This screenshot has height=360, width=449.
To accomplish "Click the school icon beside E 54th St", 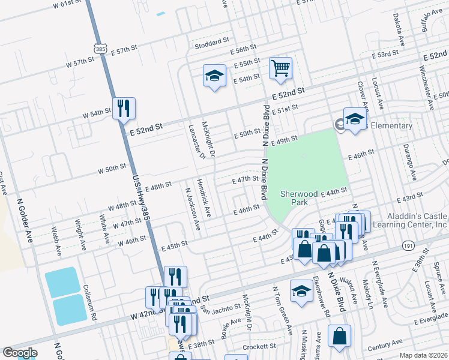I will click(214, 76).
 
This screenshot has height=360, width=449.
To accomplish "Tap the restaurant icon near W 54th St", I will click(124, 109).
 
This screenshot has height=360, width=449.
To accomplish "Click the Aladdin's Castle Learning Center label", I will click(417, 220).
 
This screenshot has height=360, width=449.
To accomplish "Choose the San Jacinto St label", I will click(220, 308).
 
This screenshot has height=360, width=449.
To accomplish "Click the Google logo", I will click(19, 353).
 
